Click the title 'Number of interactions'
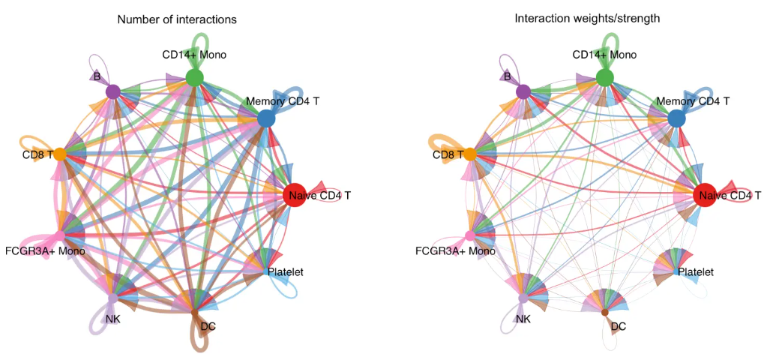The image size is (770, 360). pos(177,19)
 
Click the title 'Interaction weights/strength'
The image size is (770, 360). pos(587,18)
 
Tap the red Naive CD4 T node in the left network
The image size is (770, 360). pos(294,195)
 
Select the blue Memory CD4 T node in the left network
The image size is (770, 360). pos(266,118)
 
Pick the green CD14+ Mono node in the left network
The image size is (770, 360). pos(194,77)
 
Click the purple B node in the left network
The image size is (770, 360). pos(113,91)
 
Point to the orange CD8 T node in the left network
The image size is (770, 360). pos(60,154)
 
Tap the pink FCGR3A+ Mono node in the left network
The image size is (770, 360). pos(60,235)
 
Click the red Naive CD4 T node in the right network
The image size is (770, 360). pos(704,195)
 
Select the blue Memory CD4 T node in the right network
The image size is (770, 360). pos(676,118)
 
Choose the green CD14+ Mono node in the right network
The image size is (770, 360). pos(604,77)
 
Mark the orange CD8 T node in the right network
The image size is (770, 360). pos(470,154)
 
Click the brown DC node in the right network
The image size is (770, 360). pos(605,311)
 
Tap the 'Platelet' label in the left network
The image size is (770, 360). pos(285,271)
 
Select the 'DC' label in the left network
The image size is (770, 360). pos(208,326)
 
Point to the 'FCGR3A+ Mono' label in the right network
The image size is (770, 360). pos(455,250)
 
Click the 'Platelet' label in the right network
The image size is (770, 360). pos(695,271)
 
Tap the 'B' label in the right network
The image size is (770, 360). pos(507,76)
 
